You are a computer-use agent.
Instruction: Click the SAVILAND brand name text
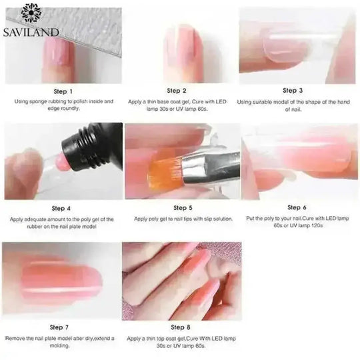(x=31, y=31)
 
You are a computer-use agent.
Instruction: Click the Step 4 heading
(x=62, y=208)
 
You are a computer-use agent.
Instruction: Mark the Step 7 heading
(x=62, y=327)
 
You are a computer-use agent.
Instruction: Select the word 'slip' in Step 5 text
(x=202, y=219)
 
